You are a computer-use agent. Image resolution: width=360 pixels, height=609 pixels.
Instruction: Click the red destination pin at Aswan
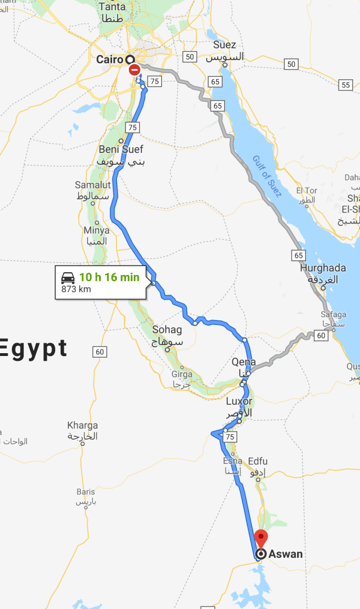coord(260,537)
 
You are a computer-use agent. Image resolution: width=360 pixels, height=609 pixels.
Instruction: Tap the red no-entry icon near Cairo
coord(134,70)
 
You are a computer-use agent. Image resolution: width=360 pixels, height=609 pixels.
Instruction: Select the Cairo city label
coord(109,60)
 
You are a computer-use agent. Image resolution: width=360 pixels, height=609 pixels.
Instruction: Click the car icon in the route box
coord(68,277)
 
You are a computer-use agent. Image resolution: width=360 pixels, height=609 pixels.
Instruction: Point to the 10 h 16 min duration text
coord(109,277)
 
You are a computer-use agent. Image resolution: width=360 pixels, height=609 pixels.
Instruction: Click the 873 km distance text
coord(76,289)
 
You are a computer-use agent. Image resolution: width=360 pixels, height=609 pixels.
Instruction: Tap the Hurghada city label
coord(323,268)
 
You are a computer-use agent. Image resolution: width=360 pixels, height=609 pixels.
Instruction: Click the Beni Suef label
coord(121,150)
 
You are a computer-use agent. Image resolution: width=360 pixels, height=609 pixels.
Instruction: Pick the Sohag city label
coord(167,330)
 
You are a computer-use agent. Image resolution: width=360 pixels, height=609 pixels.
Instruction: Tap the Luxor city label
coord(239,402)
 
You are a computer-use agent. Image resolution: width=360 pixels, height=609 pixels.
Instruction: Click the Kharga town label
coord(82,426)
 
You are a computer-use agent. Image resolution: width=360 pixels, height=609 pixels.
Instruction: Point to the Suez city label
coord(224,45)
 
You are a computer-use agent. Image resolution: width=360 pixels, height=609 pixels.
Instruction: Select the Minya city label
coord(96,231)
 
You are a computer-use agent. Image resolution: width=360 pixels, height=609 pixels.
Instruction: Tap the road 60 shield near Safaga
coord(321,336)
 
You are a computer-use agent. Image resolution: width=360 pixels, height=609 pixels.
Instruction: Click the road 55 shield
coord(345,85)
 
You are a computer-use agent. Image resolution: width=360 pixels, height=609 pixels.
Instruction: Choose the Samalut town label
coord(93,185)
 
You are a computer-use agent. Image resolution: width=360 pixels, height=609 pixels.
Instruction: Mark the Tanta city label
coord(112,7)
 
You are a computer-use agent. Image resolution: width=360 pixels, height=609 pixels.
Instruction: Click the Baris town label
coord(86,492)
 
